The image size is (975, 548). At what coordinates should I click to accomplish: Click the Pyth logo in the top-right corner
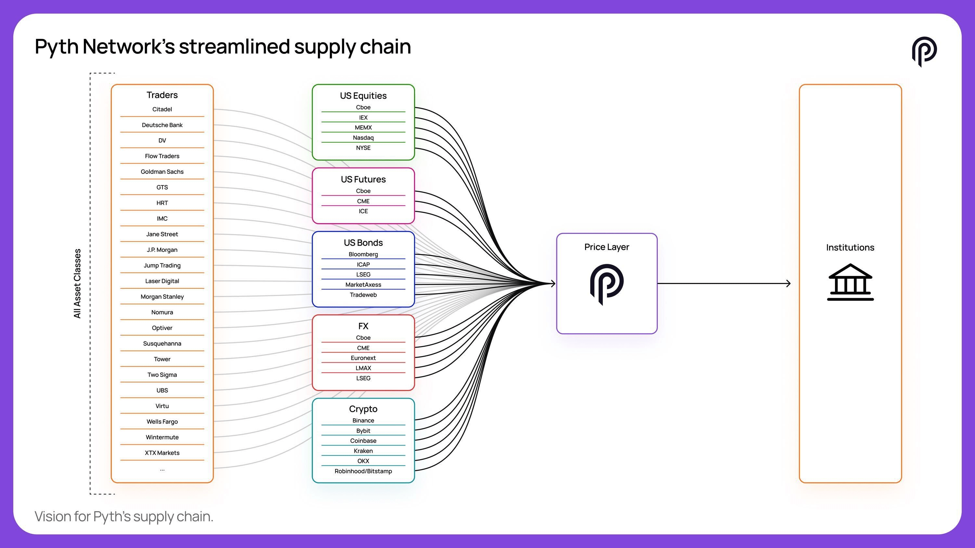924,51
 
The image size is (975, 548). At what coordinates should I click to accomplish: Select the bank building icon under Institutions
850,282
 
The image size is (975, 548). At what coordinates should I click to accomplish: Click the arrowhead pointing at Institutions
788,283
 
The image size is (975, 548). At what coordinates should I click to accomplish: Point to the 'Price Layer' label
606,247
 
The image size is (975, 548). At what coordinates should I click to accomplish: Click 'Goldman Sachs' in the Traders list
162,172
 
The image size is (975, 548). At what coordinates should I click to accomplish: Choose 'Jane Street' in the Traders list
162,234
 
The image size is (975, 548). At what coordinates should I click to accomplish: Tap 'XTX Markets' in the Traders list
162,453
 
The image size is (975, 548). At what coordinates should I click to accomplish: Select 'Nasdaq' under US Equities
363,138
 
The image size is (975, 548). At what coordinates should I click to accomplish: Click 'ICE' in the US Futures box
363,211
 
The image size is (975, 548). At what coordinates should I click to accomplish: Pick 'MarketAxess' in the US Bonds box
363,285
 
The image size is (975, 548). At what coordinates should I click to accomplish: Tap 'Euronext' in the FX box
363,358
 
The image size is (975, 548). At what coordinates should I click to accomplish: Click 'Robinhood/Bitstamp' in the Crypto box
363,471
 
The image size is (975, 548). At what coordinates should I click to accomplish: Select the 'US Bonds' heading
363,242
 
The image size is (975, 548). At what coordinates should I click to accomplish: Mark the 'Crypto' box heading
363,409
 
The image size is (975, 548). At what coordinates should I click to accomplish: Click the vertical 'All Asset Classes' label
77,284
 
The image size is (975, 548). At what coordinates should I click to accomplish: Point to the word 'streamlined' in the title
234,46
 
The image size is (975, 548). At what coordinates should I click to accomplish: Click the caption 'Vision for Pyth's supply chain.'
124,516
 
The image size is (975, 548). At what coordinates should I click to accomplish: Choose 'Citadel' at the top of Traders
162,109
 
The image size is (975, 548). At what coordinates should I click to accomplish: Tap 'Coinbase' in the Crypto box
363,440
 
